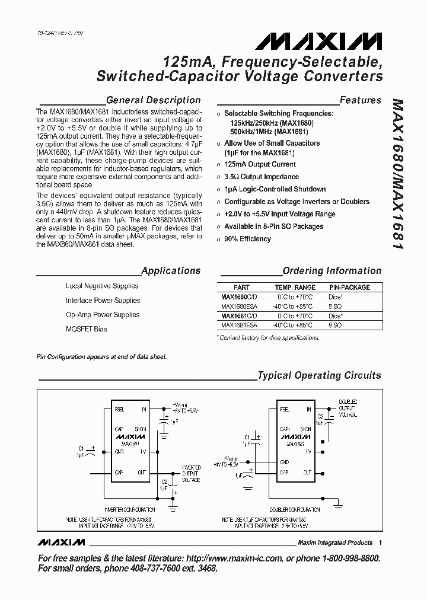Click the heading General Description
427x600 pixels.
[153, 100]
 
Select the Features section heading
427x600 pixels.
[360, 100]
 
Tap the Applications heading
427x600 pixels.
[171, 270]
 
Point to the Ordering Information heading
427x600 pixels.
[332, 270]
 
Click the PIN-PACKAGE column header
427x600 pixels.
[349, 287]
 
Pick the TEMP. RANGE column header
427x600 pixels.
[295, 287]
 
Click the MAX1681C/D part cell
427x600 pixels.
[239, 316]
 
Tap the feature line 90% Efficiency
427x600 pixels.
[247, 239]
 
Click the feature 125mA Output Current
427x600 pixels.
[260, 164]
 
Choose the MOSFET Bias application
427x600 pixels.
[87, 329]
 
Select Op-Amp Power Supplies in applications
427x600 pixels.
[103, 315]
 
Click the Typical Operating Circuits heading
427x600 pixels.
[319, 375]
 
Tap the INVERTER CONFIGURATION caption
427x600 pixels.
[129, 509]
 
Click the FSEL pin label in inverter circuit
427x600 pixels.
[119, 409]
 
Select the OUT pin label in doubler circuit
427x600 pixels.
[307, 473]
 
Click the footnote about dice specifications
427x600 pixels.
[269, 337]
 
